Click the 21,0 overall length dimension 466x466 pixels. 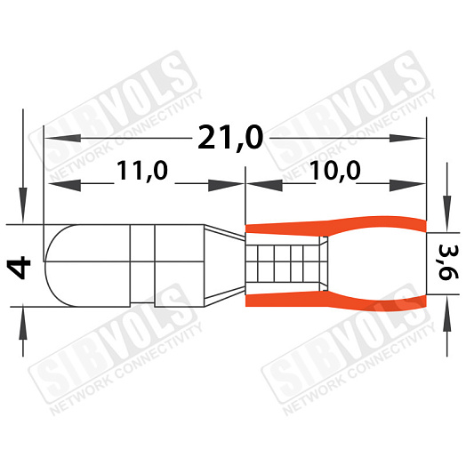230,138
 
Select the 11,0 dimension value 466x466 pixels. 142,171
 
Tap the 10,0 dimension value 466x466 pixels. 334,171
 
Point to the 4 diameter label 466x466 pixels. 20,269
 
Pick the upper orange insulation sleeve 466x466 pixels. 336,226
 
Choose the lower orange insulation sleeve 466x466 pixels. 336,301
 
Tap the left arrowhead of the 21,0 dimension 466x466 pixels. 62,138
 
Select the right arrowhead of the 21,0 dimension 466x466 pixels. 407,138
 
